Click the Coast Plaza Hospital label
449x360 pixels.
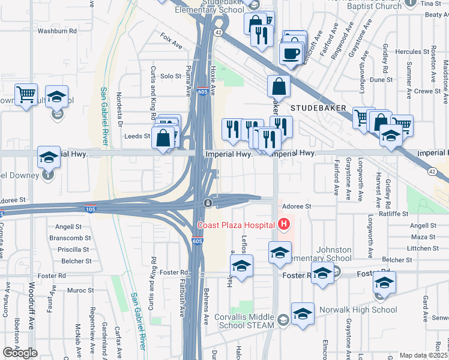tap(237, 226)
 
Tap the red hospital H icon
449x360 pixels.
tap(284, 225)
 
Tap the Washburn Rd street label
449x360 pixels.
tap(57, 30)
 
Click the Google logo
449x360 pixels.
tap(20, 353)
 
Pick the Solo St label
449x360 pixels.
tap(170, 76)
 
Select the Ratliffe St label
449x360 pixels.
tap(393, 213)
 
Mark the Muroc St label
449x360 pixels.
tap(77, 290)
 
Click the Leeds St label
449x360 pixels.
tap(137, 136)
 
